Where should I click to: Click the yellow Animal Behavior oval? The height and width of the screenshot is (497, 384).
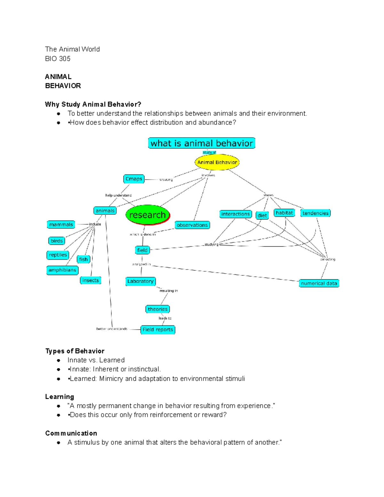point(217,162)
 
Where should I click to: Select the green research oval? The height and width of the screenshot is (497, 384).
point(148,215)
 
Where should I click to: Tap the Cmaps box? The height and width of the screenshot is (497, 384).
point(134,179)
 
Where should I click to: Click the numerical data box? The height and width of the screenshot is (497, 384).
point(319,283)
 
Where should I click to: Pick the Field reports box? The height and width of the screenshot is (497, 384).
point(158,330)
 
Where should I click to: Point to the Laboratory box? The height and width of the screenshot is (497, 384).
point(140,281)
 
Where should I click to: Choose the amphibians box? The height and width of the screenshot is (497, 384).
point(62,270)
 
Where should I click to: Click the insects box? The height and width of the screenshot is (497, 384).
point(91,280)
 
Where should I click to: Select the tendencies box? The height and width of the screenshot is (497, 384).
point(316,213)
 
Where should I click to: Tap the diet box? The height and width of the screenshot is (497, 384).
point(262,215)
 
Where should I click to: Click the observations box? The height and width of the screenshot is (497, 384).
point(192,225)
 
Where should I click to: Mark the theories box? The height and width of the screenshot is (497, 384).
point(157,309)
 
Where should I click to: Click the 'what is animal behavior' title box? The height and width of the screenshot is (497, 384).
point(202,143)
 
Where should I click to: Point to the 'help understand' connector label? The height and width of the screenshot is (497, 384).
point(118,195)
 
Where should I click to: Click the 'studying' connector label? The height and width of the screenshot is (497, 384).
point(212,244)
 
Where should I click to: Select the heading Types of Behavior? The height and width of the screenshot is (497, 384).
point(75,351)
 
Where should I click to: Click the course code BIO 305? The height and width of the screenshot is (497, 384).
point(58,59)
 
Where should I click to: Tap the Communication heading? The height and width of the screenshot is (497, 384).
point(71,433)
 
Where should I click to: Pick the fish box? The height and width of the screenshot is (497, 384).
point(84,259)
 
